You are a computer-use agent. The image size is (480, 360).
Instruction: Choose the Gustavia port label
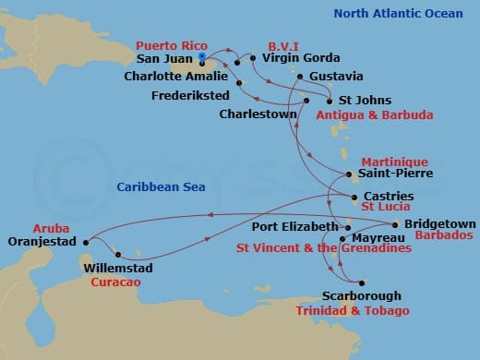coord(336,76)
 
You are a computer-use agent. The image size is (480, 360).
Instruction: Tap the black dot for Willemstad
coord(118,254)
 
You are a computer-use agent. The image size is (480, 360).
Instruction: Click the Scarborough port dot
coord(363,283)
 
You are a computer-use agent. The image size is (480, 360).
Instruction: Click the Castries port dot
coord(354,197)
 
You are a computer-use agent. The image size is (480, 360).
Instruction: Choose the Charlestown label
coord(258,114)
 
